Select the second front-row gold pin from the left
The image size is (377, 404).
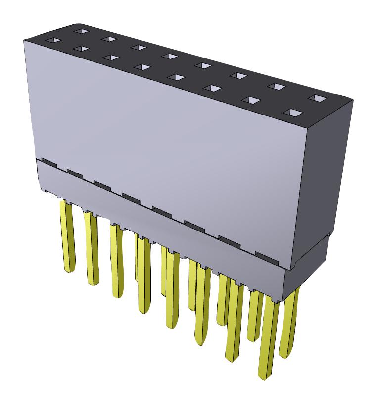[92, 248]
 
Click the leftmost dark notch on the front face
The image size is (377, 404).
[49, 162]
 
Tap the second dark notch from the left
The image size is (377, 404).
[75, 173]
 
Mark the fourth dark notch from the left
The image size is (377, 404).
[131, 198]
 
